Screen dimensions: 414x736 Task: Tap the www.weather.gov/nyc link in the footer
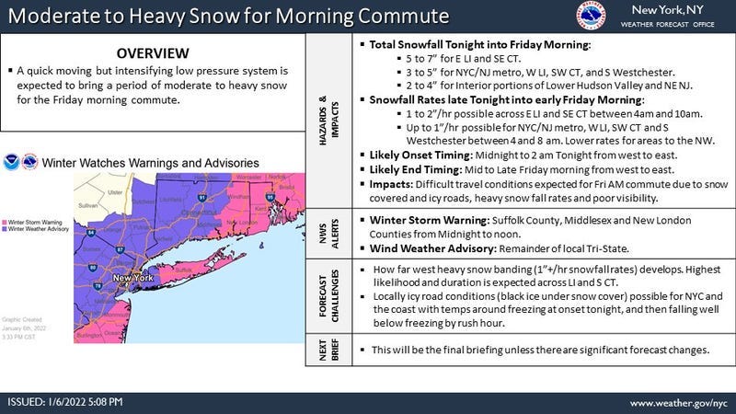pos(677,403)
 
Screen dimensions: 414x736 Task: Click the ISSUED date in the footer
pos(64,403)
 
